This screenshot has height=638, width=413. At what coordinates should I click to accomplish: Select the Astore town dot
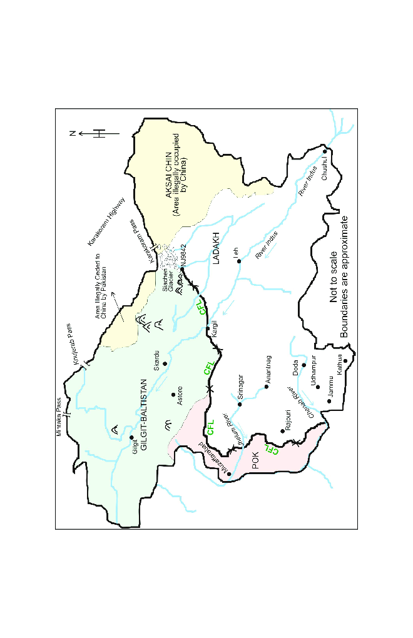coord(173,394)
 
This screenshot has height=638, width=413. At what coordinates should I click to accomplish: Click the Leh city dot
coord(239,262)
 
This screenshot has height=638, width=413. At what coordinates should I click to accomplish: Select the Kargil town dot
coord(208,328)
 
